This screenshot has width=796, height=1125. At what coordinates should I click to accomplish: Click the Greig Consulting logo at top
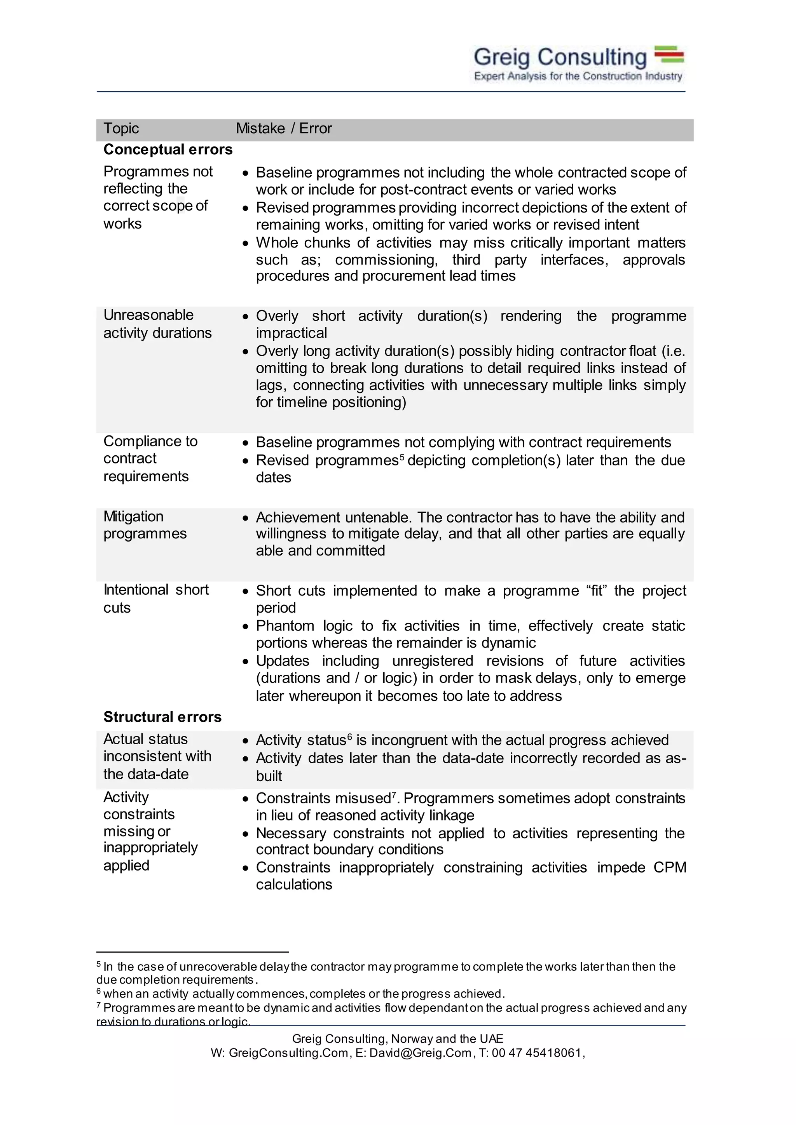pos(578,64)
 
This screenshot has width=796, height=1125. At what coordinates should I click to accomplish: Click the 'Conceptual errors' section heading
pos(168,150)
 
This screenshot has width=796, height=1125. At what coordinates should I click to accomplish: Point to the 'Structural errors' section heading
pos(162,717)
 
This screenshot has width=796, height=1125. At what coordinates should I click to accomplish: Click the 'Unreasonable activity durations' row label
pos(157,324)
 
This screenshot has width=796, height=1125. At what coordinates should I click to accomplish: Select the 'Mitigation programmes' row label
pos(145,525)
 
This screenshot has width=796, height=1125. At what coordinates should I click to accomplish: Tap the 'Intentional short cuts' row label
pos(155,598)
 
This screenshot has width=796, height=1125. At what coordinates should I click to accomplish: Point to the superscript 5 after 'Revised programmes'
pos(401,457)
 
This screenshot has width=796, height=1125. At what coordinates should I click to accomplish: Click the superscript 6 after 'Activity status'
pos(349,737)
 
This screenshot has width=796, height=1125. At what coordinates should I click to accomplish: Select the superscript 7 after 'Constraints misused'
pos(394,795)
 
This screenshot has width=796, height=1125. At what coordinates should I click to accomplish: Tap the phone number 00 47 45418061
pos(536,1053)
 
